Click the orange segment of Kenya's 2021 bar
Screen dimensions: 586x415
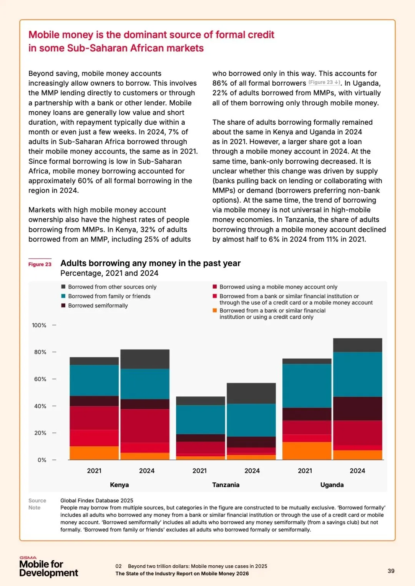(x=94, y=453)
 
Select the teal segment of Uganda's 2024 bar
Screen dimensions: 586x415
(x=357, y=374)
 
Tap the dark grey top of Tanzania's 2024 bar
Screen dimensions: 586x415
(x=251, y=393)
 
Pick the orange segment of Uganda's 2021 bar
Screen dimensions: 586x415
(x=307, y=451)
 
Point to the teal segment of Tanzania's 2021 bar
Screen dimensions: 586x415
(x=200, y=419)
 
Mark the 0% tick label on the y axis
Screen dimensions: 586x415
(x=42, y=460)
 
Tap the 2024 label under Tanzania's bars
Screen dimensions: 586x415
(x=252, y=470)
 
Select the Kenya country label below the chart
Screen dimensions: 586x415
(x=120, y=485)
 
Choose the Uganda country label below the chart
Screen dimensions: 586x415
(x=332, y=485)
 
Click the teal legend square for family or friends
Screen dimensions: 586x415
(x=63, y=296)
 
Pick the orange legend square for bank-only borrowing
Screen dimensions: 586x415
(x=215, y=310)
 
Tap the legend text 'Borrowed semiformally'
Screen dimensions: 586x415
(x=98, y=305)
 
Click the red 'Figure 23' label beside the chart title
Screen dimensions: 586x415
(x=40, y=264)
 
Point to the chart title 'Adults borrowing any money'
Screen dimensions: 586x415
(x=150, y=263)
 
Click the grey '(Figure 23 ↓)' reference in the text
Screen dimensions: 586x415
(x=324, y=83)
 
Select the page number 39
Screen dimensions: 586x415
(x=391, y=571)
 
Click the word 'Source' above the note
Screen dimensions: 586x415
(x=37, y=500)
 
